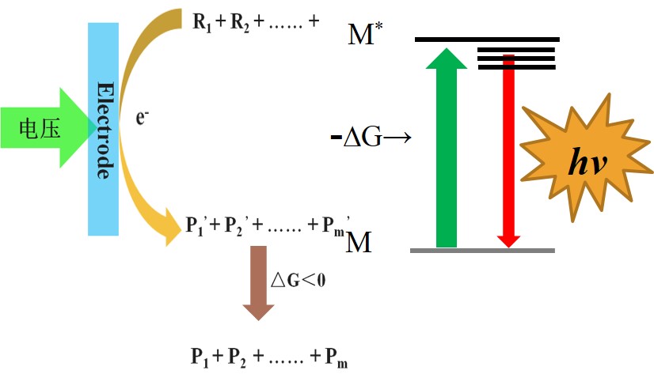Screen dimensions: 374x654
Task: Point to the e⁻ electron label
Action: (x=143, y=119)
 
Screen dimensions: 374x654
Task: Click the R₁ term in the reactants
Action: (x=203, y=22)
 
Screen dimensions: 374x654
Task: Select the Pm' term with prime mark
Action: (x=333, y=224)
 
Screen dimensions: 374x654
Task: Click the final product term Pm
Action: (x=335, y=357)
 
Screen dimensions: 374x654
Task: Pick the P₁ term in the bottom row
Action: (x=200, y=357)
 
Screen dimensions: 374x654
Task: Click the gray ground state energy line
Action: (x=483, y=251)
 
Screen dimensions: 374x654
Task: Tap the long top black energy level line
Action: (x=487, y=39)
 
